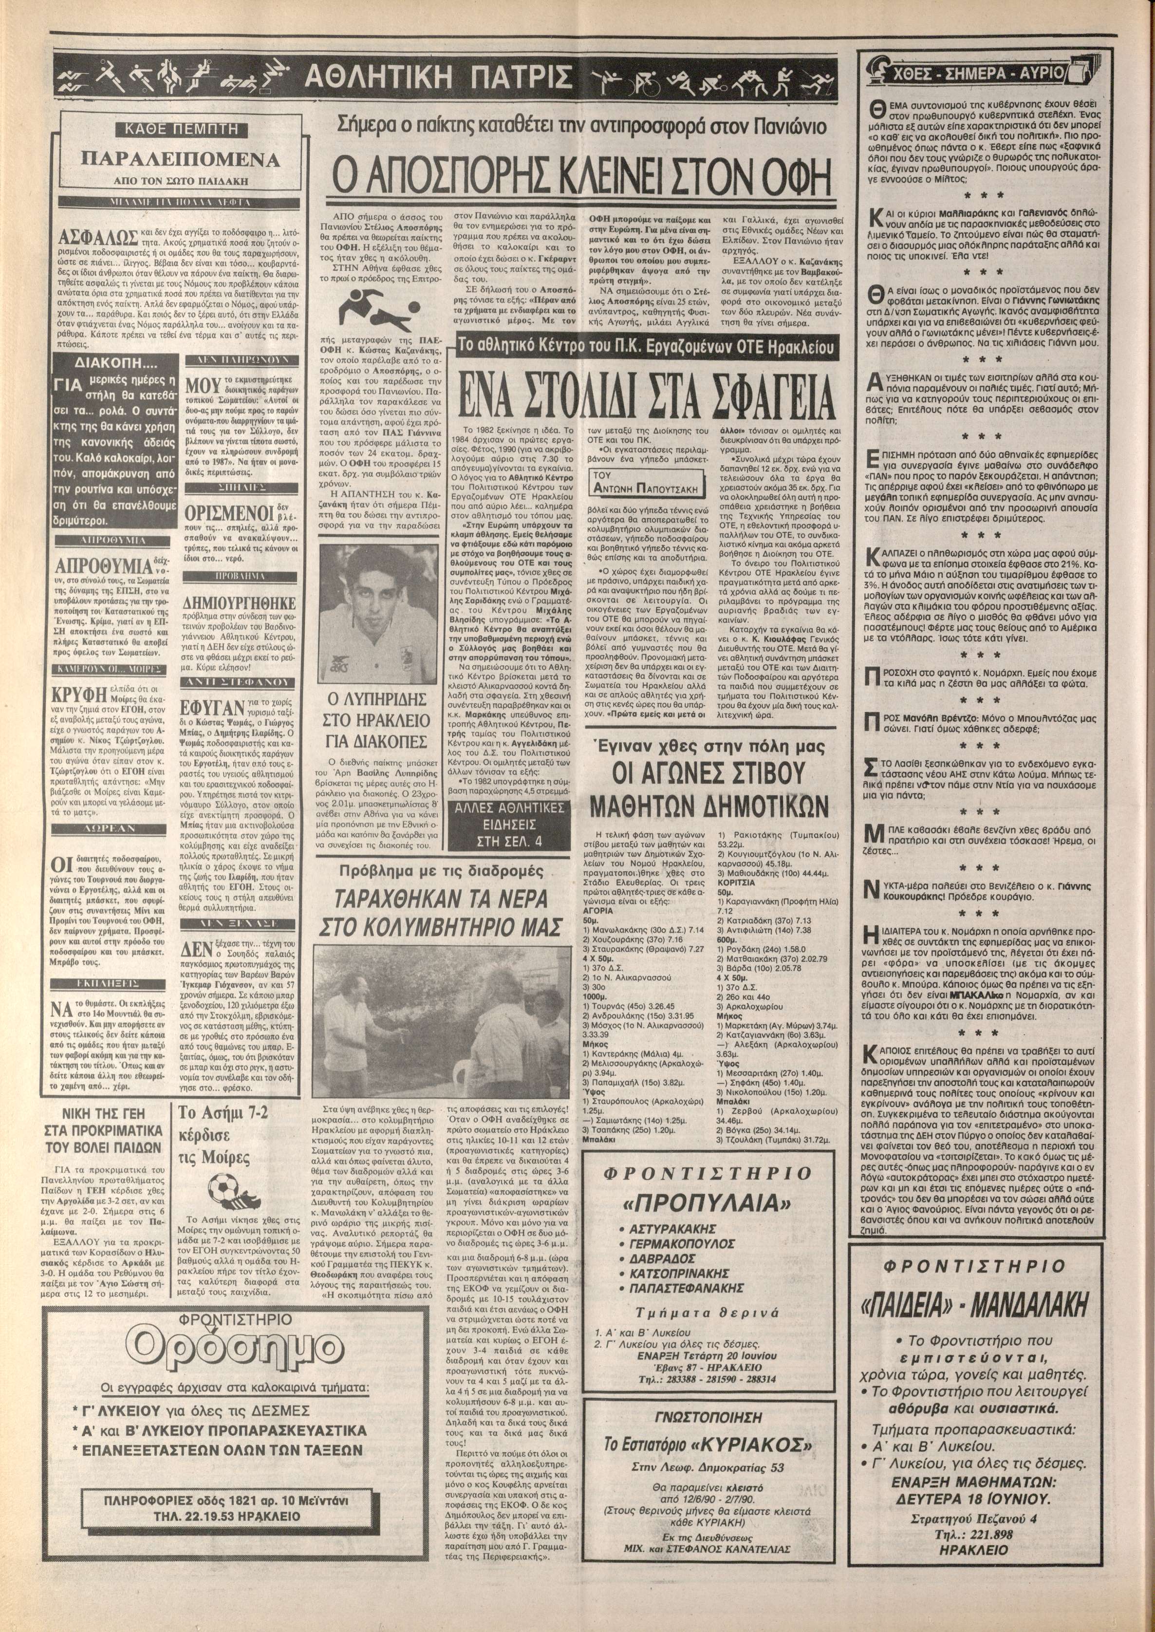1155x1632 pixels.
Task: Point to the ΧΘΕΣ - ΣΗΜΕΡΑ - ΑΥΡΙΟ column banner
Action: (988, 73)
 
